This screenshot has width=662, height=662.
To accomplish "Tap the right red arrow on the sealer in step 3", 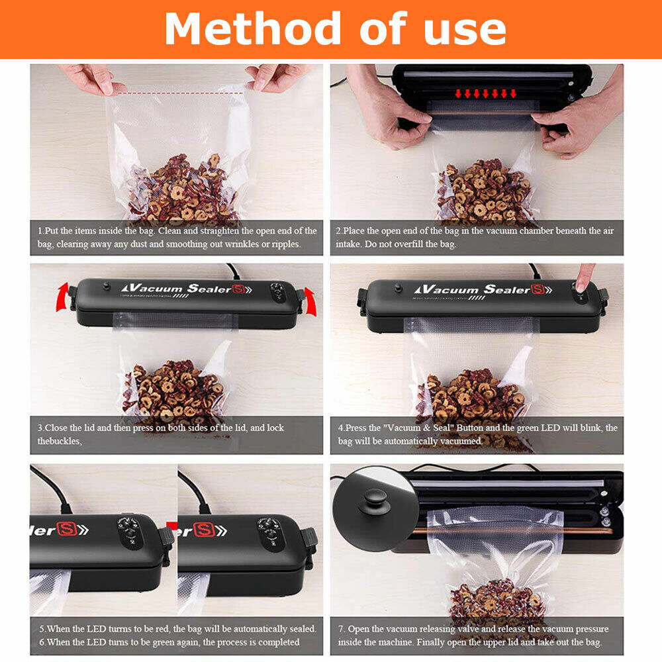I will pos(308,295).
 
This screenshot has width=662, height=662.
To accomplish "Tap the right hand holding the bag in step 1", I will pos(275,77).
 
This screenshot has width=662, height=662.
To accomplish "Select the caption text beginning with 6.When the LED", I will pos(169,642).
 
